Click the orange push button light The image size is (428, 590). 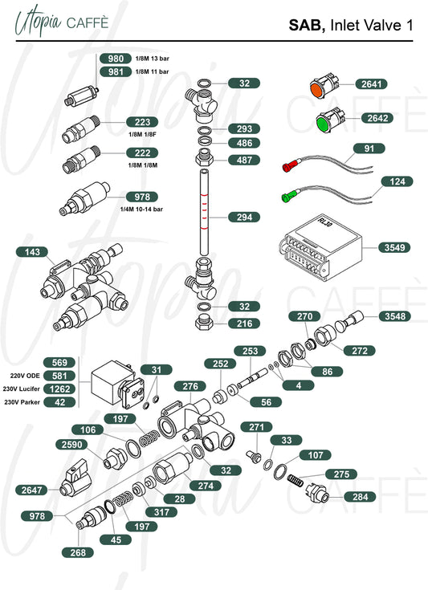(324, 87)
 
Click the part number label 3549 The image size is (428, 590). (394, 247)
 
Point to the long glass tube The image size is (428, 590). (204, 213)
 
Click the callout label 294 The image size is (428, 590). (244, 217)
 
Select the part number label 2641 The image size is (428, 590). (371, 84)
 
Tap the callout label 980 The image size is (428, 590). (115, 59)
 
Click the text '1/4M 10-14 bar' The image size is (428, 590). (141, 210)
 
